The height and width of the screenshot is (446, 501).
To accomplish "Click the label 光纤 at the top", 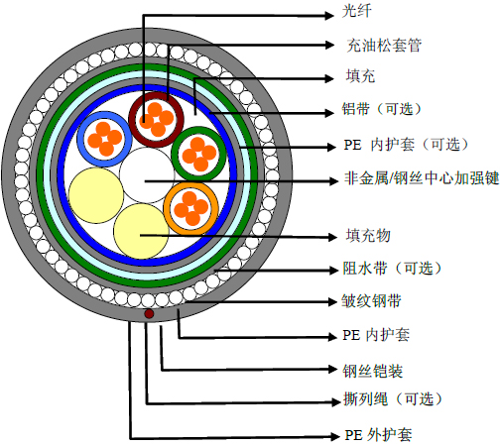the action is tap(356, 11).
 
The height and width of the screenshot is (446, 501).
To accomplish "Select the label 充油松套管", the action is tap(384, 46).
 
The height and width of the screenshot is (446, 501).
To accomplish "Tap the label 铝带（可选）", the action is tap(382, 109).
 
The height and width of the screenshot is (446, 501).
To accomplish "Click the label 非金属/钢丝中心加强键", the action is tap(422, 178).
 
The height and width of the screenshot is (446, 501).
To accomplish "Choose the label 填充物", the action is tap(368, 236).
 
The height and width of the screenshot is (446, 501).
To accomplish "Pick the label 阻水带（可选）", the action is tap(393, 269).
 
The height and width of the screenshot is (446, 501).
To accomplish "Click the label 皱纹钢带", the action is tap(371, 301).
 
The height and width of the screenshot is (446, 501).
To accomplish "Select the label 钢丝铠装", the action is tap(373, 371).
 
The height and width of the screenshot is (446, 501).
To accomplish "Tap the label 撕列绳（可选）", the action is tap(393, 399).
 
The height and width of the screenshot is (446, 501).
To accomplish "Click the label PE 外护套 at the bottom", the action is tap(378, 435).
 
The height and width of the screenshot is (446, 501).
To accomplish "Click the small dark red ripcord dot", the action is tap(149, 313).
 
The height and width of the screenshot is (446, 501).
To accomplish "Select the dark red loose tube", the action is tap(156, 120).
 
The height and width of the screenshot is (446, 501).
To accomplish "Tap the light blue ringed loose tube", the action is tap(104, 139).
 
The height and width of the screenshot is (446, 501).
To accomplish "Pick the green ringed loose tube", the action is tap(198, 155).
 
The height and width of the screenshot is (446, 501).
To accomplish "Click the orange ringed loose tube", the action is tap(191, 208).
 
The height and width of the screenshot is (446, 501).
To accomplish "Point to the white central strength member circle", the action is tap(147, 175).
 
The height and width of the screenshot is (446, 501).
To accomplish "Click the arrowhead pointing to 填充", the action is tap(329, 78).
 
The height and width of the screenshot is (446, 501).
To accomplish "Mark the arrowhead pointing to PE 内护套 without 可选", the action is tap(331, 337).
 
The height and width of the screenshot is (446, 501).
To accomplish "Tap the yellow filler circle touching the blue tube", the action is tap(96, 195).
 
